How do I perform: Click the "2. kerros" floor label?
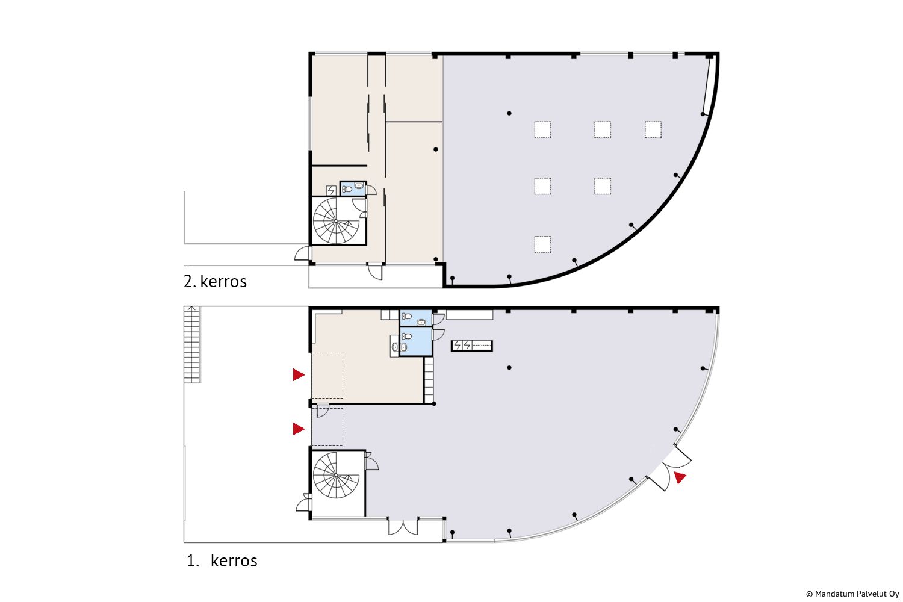(x=215, y=282)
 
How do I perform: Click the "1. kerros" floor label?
(x=222, y=561)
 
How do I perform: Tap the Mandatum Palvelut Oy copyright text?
(x=852, y=594)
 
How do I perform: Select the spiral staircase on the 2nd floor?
(x=336, y=221)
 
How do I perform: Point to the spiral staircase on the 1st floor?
(x=336, y=475)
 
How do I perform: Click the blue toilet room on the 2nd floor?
(x=353, y=188)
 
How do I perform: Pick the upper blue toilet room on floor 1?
(x=415, y=318)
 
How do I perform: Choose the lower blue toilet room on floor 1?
(x=415, y=341)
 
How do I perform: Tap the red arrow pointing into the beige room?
(x=299, y=374)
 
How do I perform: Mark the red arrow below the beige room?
(x=299, y=429)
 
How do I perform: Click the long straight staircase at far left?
(x=191, y=344)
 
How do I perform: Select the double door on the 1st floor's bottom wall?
(x=403, y=526)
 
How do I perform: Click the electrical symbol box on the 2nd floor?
(x=331, y=190)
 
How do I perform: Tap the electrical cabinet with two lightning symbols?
(x=471, y=346)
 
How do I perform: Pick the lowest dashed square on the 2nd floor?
(x=542, y=244)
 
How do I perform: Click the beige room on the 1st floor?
(x=367, y=363)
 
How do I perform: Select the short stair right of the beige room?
(x=429, y=380)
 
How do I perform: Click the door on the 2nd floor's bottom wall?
(x=375, y=271)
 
